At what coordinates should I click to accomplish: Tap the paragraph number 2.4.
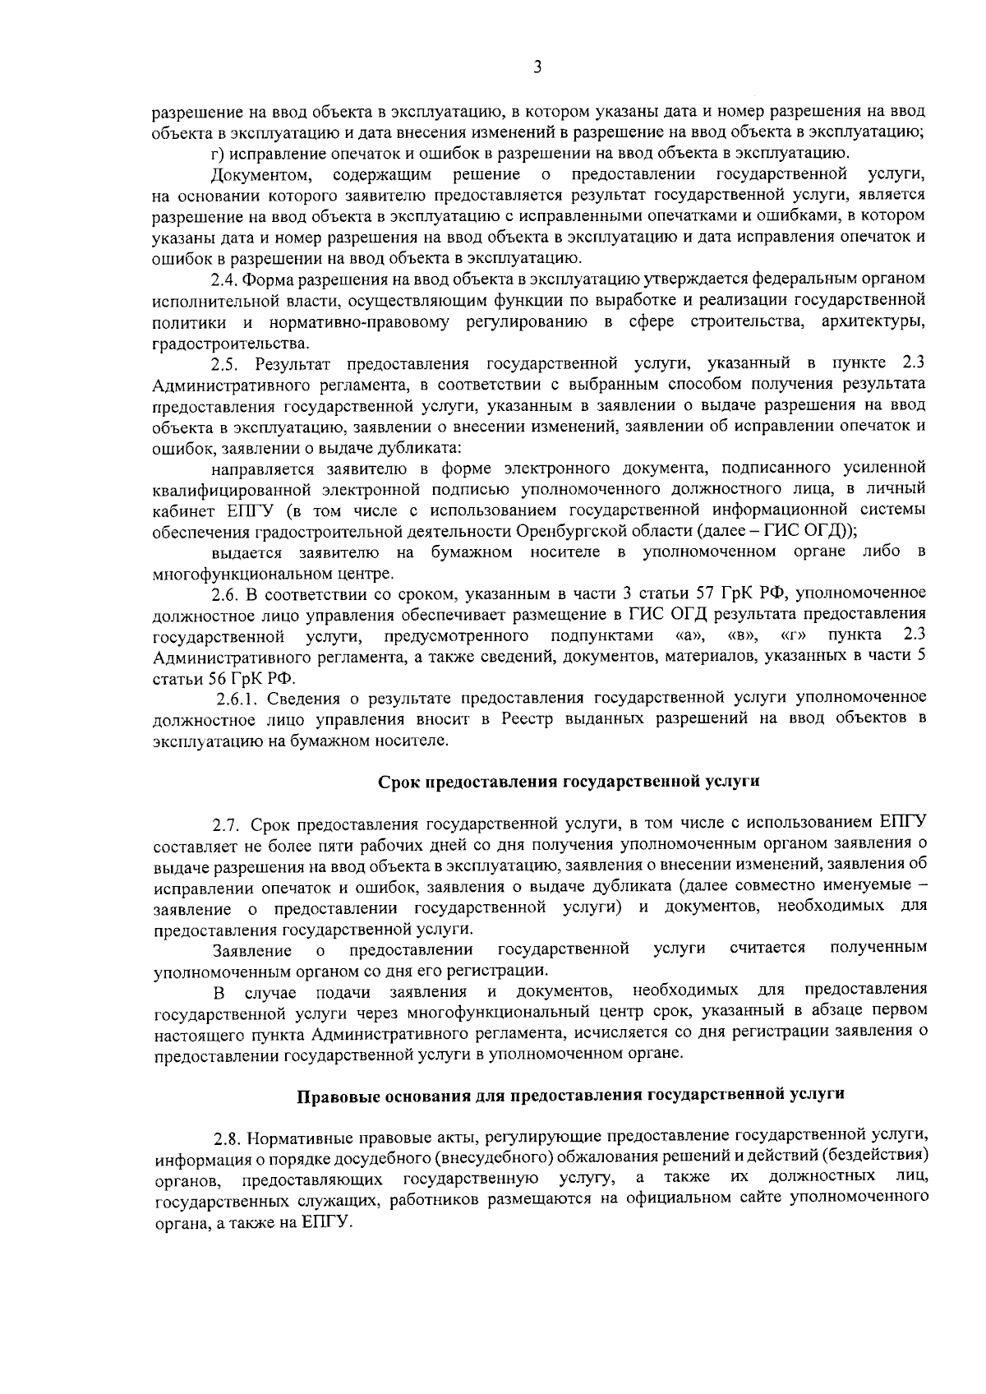click(224, 280)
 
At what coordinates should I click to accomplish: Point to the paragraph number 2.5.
click(224, 364)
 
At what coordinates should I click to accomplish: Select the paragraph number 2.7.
click(228, 824)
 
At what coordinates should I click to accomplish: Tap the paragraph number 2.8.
click(227, 1138)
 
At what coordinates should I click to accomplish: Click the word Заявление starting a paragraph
click(251, 951)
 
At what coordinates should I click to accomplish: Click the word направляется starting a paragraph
click(262, 469)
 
